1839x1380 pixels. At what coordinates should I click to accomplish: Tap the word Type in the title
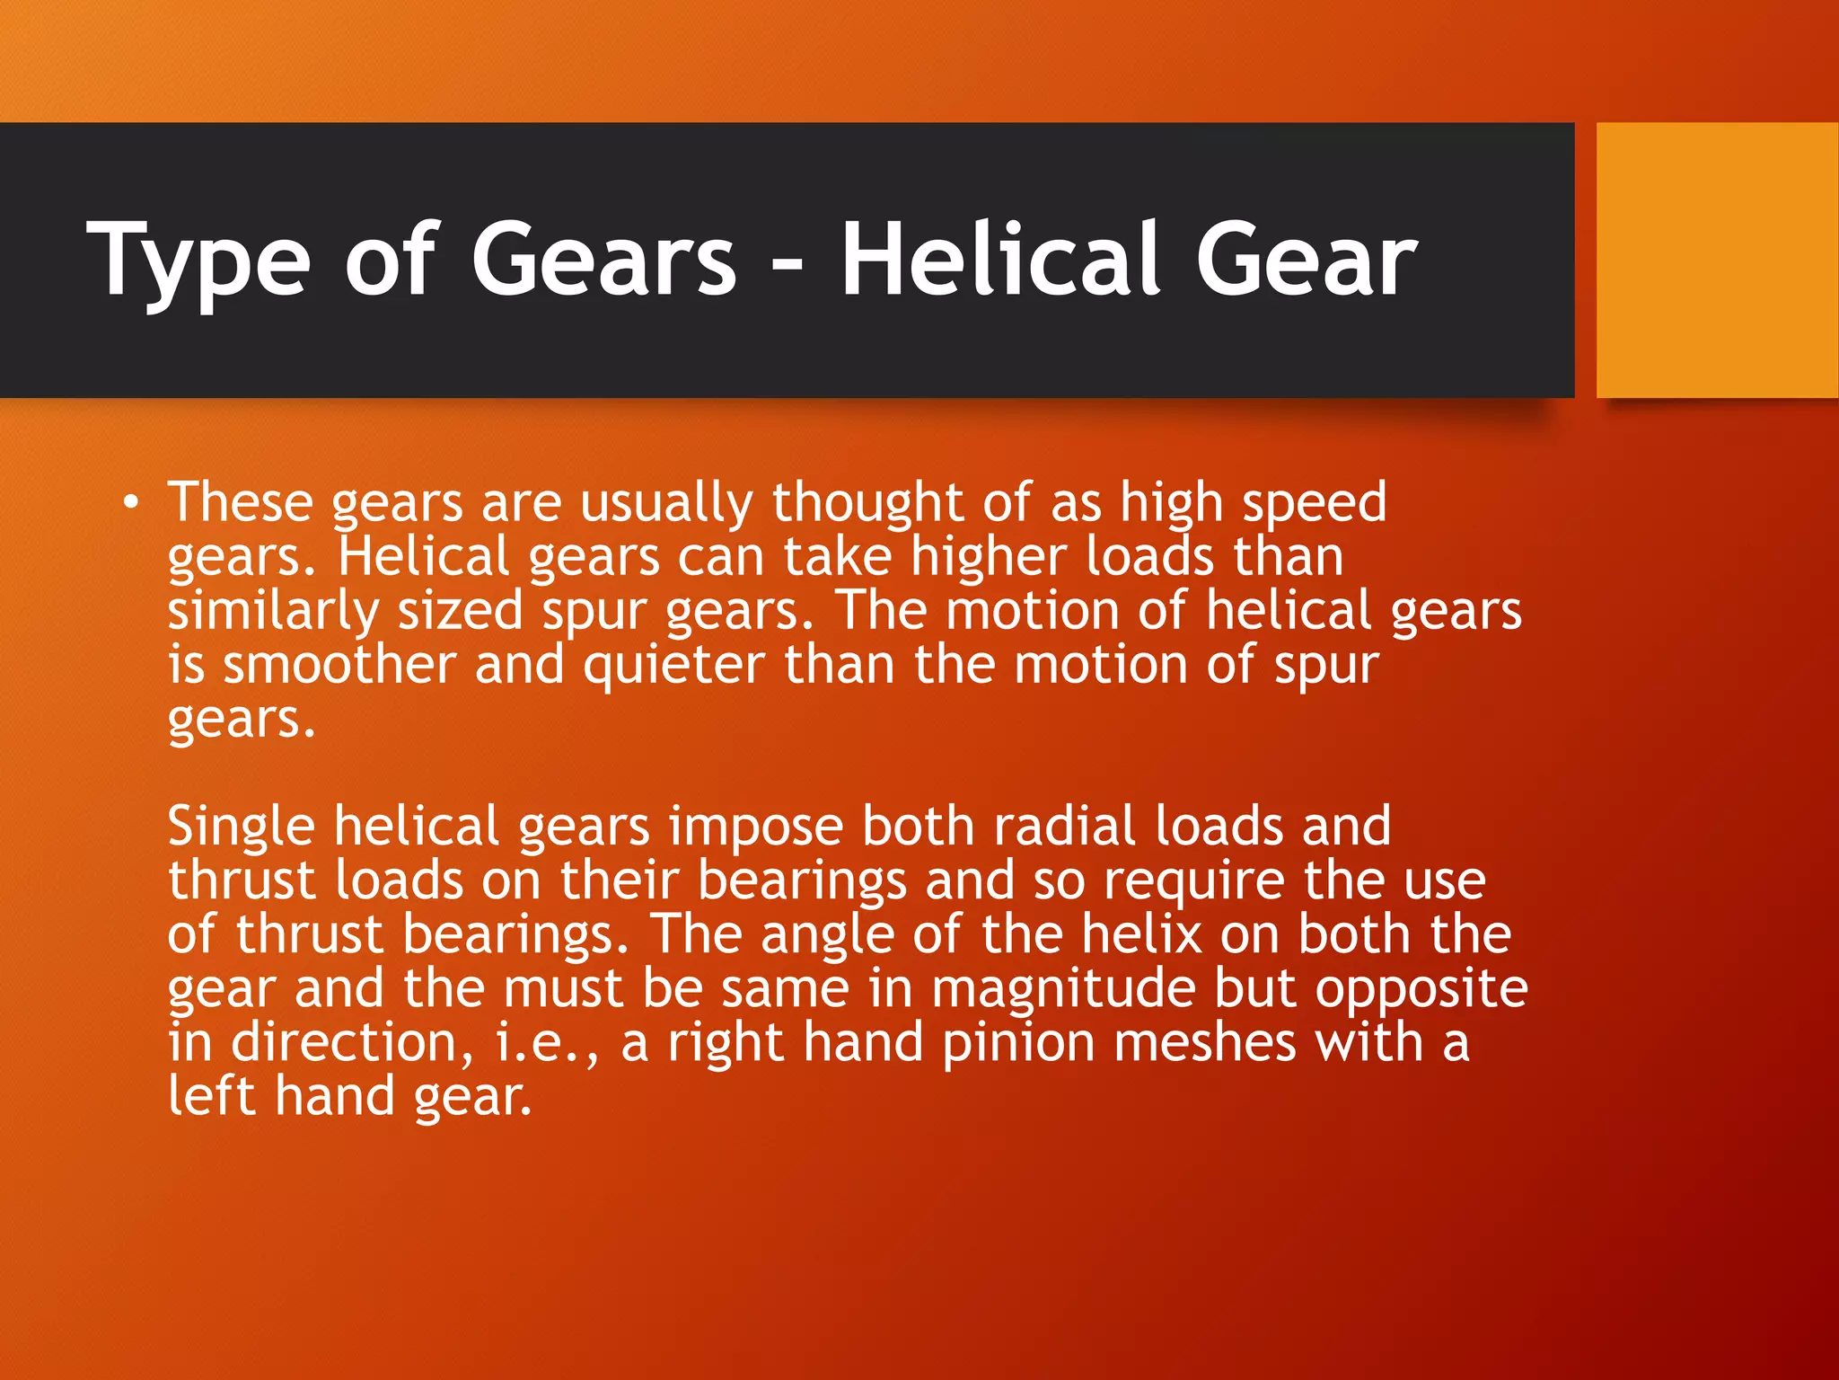coord(198,261)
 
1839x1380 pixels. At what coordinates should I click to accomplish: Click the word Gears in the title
coord(603,261)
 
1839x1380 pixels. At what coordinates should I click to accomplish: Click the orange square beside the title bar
coord(1717,261)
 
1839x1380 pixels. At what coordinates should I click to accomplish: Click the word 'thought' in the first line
coord(867,502)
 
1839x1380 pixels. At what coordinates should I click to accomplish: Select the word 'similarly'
coord(273,612)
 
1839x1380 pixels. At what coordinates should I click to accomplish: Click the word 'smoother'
coord(340,666)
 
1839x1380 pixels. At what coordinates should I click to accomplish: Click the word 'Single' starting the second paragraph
coord(241,827)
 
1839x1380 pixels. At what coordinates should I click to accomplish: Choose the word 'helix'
coord(1141,934)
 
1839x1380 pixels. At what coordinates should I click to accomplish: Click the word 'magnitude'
coord(1063,989)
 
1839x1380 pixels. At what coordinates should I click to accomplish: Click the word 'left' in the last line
coord(212,1097)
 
